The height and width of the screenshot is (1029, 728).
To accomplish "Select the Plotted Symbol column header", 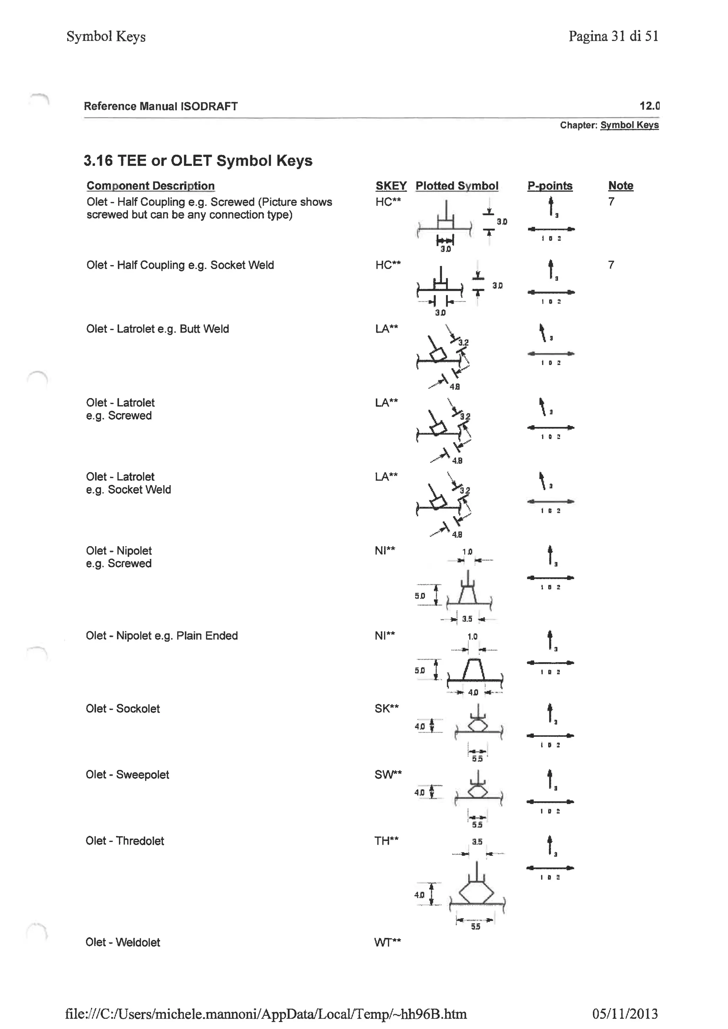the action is pyautogui.click(x=456, y=186).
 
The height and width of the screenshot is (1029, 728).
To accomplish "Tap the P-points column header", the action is pyautogui.click(x=550, y=186).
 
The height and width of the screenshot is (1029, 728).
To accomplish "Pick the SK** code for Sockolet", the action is pyautogui.click(x=386, y=708).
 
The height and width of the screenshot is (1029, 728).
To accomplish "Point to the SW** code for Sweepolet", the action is pyautogui.click(x=388, y=775).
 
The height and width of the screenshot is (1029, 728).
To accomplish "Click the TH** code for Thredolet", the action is pyautogui.click(x=386, y=841).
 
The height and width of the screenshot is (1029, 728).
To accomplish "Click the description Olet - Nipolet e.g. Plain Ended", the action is pyautogui.click(x=161, y=636).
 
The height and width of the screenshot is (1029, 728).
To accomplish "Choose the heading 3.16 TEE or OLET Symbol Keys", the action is pyautogui.click(x=198, y=160).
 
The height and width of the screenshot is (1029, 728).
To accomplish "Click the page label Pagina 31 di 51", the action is pyautogui.click(x=613, y=36).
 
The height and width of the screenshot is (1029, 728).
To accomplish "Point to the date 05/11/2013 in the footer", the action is pyautogui.click(x=625, y=1013).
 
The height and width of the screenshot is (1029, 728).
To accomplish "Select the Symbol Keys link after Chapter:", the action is pyautogui.click(x=630, y=125).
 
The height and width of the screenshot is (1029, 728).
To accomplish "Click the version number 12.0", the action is pyautogui.click(x=649, y=106).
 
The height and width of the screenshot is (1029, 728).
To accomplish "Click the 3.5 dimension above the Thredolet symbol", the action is pyautogui.click(x=477, y=842).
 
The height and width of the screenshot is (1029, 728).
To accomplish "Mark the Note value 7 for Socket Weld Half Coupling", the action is pyautogui.click(x=611, y=265).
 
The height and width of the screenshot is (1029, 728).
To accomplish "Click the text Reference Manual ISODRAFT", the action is pyautogui.click(x=160, y=106).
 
